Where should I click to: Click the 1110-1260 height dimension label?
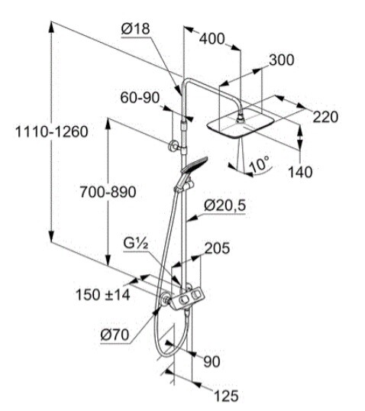click(x=52, y=131)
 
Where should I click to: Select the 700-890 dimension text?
click(x=108, y=192)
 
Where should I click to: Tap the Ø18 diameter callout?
click(x=135, y=28)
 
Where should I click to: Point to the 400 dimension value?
click(x=212, y=39)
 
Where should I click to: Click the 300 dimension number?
click(x=282, y=60)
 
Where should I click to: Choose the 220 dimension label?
click(x=326, y=117)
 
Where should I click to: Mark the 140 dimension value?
click(x=300, y=172)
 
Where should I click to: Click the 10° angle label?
click(x=260, y=164)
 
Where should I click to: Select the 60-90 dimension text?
click(x=140, y=98)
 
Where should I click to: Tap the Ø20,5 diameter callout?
click(x=225, y=205)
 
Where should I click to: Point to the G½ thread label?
click(x=136, y=244)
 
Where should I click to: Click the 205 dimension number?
click(x=217, y=248)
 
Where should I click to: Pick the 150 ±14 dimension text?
click(x=103, y=295)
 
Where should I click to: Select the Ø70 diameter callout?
click(x=115, y=335)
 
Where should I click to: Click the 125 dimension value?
click(x=226, y=396)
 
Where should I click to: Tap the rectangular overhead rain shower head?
click(x=241, y=123)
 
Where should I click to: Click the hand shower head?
click(x=194, y=165)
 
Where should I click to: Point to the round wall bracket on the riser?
click(x=173, y=146)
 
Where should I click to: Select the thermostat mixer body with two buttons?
click(x=188, y=299)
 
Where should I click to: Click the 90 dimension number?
click(x=212, y=361)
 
